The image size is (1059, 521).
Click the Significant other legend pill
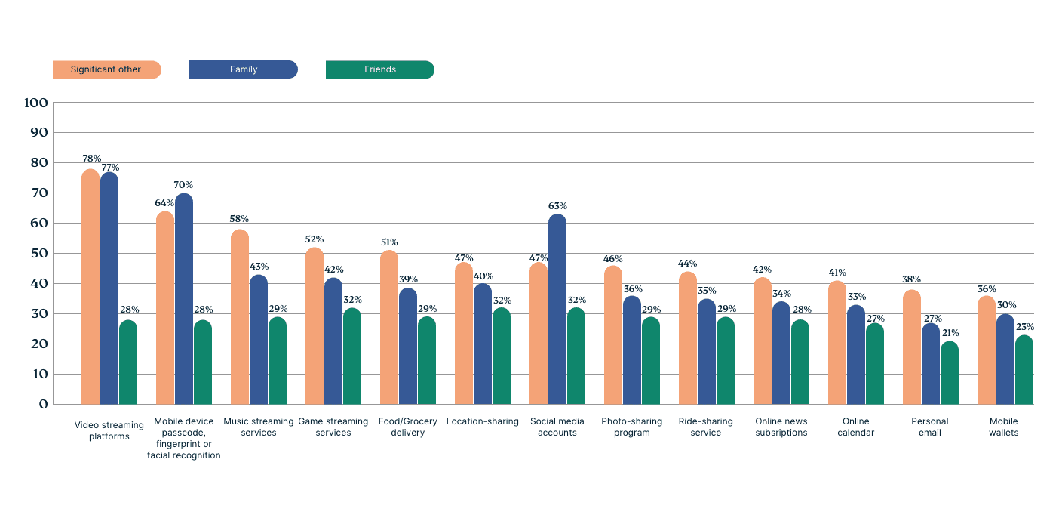coord(106,69)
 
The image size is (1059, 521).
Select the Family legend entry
coord(244,69)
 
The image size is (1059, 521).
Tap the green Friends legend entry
coord(380,69)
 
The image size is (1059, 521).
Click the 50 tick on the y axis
coord(38,253)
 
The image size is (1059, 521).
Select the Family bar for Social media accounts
coord(557,310)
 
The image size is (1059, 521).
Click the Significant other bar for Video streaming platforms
coord(91,287)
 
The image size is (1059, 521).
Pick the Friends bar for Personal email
coord(949,373)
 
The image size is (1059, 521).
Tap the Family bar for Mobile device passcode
coord(184,299)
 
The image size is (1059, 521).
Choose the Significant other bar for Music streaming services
coord(240,317)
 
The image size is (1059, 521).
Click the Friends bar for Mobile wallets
coord(1024,370)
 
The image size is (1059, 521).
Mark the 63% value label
coord(557,206)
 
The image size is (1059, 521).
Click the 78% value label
coord(91,159)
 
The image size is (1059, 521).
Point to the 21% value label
coord(950,333)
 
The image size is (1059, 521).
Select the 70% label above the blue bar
coord(183,185)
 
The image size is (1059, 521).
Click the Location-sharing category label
coord(482,421)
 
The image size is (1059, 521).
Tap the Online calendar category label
coord(855,427)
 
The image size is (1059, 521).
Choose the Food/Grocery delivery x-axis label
coord(407,427)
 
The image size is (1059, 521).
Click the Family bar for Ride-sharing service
coord(707,352)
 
